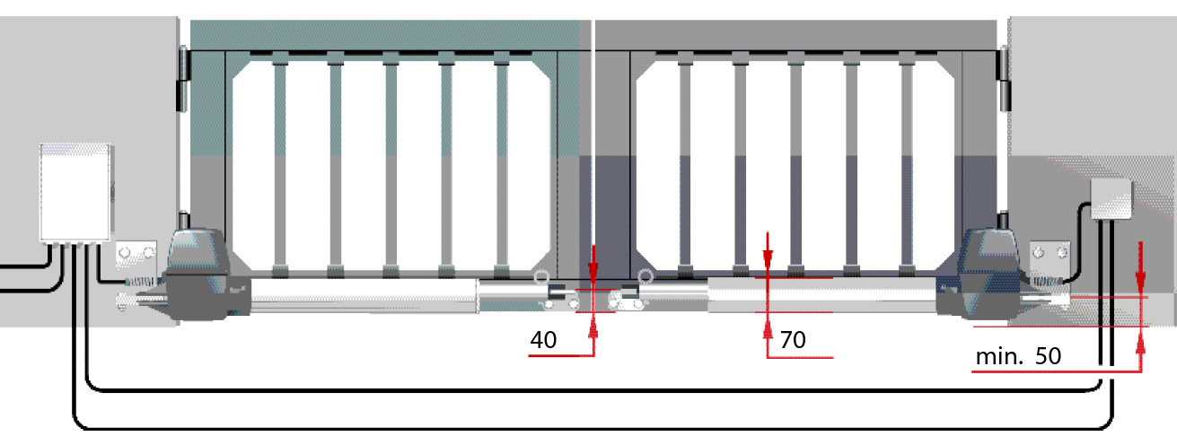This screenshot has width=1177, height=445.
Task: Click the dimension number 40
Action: [x=543, y=340]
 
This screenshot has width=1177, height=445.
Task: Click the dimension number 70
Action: [x=793, y=340]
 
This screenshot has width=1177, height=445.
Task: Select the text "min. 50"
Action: [x=1018, y=357]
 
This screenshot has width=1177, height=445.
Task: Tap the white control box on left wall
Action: [x=75, y=192]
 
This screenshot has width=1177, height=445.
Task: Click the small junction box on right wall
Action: [x=1111, y=199]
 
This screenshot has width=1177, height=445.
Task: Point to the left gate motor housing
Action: [x=198, y=274]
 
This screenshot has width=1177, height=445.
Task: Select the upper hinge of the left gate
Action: [x=183, y=79]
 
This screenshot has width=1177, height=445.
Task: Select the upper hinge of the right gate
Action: [x=1004, y=79]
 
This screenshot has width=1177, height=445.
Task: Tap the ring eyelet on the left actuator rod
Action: [x=541, y=277]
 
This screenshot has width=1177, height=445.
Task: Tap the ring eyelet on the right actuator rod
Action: [x=646, y=276]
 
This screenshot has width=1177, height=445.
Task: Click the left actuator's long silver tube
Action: [x=364, y=295]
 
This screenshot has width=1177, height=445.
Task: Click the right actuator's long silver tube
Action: [x=821, y=295]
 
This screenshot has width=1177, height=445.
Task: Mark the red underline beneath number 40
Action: [x=561, y=355]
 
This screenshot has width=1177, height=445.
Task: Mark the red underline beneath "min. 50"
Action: [x=1057, y=371]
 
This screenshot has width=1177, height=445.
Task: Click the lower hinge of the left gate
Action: [x=183, y=222]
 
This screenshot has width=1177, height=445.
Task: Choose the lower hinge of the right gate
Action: [x=1003, y=222]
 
